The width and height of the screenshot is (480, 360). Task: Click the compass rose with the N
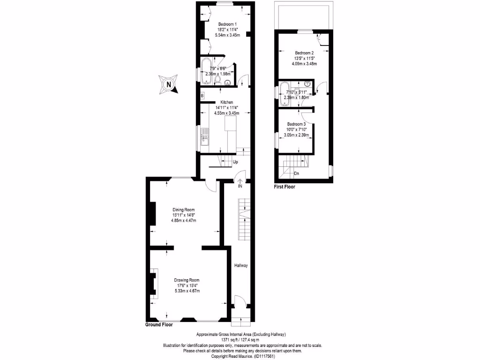[x=168, y=84]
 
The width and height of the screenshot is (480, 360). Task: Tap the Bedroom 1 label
[x=227, y=24]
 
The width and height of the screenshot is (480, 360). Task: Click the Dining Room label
[x=183, y=210]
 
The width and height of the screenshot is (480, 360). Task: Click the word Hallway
[x=241, y=266]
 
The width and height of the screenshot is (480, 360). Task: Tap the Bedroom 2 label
[x=304, y=53]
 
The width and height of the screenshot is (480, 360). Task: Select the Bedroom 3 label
[x=297, y=124]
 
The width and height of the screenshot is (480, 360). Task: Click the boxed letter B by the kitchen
[x=202, y=96]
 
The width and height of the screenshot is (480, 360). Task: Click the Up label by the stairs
[x=235, y=163]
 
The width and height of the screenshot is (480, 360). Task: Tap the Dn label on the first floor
[x=296, y=173]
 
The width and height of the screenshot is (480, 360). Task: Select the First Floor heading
[x=285, y=187]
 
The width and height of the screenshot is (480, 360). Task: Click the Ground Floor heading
[x=159, y=324]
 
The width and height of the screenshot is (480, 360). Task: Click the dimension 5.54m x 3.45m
[x=227, y=35]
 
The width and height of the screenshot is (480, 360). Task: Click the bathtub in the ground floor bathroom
[x=206, y=71]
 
